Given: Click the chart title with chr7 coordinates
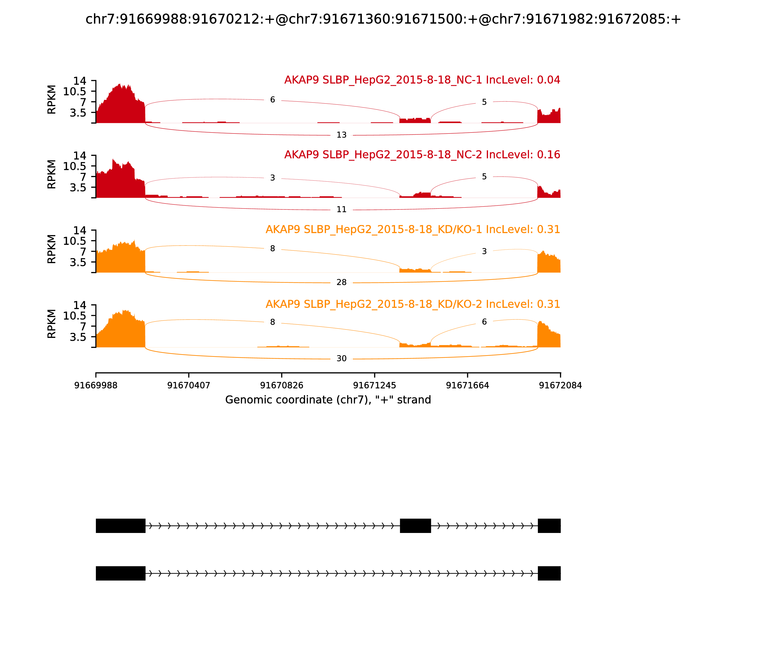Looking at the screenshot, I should pos(383,19).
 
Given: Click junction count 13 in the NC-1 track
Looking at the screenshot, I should pos(341,135).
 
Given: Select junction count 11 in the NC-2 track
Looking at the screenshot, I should pos(341,209).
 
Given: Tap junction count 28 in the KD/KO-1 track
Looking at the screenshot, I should pos(341,282).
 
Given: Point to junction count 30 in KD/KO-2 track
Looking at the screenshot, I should pos(341,358).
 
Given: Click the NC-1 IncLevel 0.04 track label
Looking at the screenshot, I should pos(422,80).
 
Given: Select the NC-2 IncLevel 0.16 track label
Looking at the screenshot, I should pos(422,154).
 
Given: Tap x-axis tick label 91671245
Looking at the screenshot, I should pos(374,385).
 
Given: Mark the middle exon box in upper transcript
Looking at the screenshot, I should pos(415,526).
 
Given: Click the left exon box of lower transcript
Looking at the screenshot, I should pos(121,573).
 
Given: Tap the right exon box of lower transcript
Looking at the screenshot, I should pos(549,573).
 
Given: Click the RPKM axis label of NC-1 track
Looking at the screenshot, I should pos(52,100).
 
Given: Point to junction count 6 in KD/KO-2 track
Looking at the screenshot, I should pos(484,322).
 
